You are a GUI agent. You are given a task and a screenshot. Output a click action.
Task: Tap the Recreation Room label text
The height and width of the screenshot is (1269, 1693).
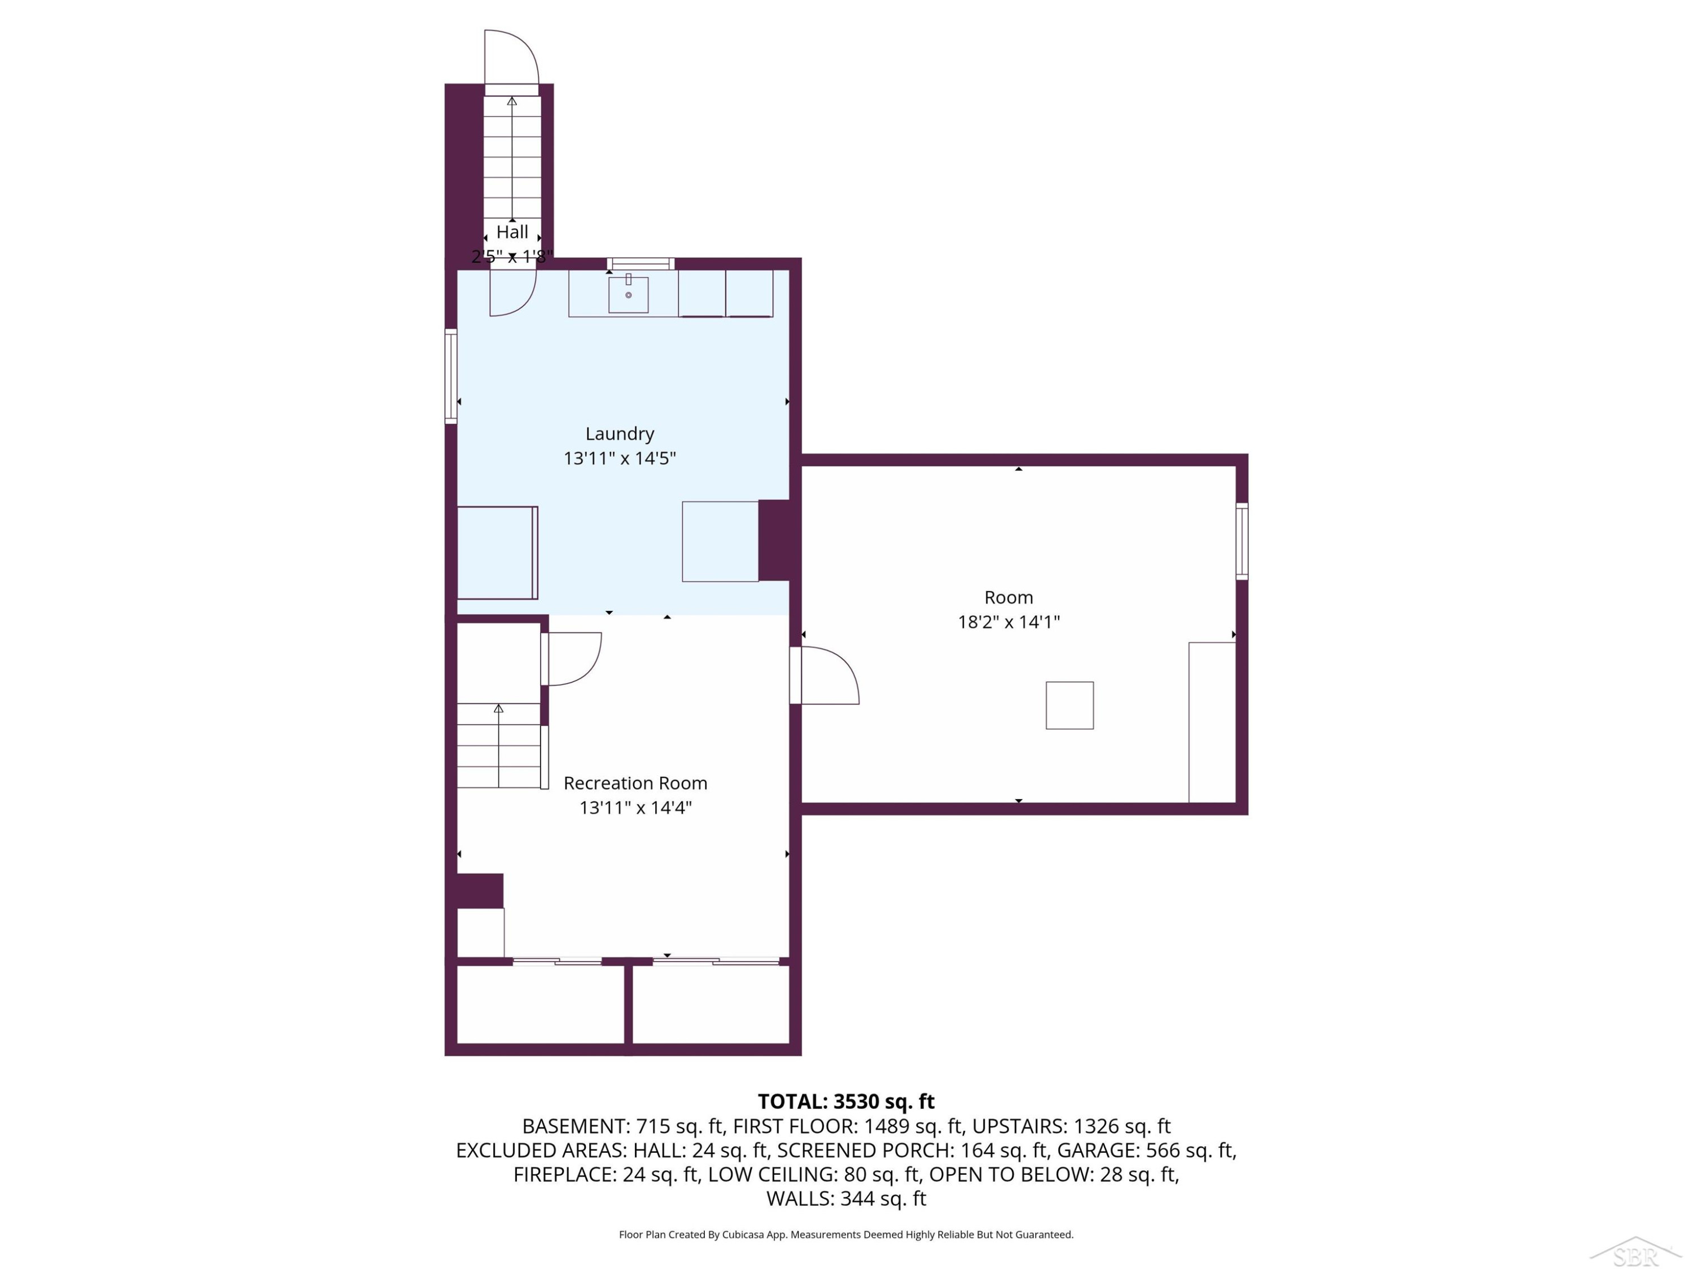click(x=635, y=783)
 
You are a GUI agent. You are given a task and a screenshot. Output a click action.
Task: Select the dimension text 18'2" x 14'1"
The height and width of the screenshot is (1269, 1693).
click(x=1009, y=622)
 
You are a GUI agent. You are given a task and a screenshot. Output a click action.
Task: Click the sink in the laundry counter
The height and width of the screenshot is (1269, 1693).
click(x=628, y=294)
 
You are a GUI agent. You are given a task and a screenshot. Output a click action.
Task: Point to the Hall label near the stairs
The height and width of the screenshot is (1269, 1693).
click(x=512, y=232)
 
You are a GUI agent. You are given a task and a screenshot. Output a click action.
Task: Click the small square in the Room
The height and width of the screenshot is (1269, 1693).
click(x=1069, y=705)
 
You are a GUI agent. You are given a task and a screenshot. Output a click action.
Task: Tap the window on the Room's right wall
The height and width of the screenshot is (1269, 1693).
click(x=1242, y=541)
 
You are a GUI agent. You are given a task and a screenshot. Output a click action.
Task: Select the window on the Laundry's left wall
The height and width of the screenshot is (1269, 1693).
click(x=451, y=376)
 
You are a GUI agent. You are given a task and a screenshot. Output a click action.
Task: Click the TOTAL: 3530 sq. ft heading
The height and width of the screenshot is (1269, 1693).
click(x=846, y=1101)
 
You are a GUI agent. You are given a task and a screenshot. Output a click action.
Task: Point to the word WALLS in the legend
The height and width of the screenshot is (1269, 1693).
click(x=800, y=1198)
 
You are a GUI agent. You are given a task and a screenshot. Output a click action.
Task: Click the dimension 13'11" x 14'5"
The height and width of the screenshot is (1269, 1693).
click(x=620, y=458)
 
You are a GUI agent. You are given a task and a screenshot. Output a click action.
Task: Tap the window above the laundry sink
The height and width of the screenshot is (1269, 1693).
click(x=642, y=264)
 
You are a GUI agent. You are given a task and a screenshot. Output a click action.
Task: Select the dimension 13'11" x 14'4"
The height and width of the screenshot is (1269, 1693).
click(x=635, y=808)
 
